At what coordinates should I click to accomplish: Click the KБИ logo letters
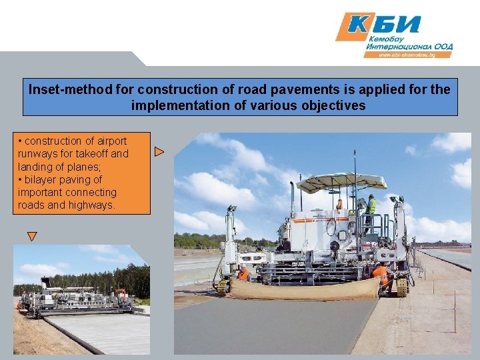click(x=387, y=25)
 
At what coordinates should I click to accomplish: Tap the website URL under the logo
click(x=406, y=55)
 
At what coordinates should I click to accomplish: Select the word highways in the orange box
click(x=91, y=205)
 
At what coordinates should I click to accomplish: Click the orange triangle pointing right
click(x=159, y=152)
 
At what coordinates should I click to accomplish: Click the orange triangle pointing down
click(x=31, y=236)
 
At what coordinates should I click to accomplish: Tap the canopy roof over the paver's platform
click(x=341, y=181)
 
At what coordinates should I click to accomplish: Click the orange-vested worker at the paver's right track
click(x=381, y=275)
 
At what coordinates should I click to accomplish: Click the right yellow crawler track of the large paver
click(x=402, y=287)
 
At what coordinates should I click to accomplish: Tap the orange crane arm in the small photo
click(x=120, y=292)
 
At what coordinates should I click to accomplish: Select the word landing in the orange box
click(x=41, y=167)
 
